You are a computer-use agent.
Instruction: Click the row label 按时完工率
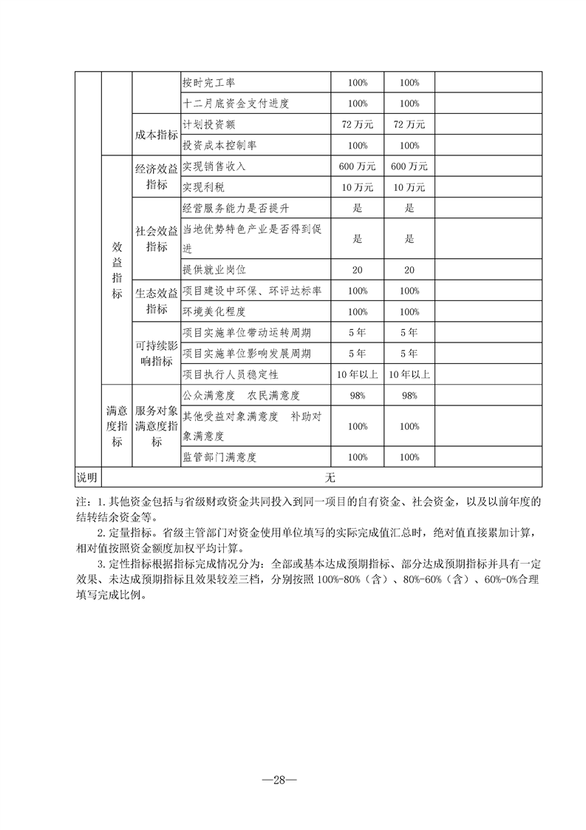coord(208,82)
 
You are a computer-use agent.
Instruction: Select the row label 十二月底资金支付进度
coord(236,104)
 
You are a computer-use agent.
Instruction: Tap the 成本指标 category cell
coord(156,135)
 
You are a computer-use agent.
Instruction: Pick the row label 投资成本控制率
coord(219,146)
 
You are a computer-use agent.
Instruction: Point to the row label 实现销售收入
coord(214,166)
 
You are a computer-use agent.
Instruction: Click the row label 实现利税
coord(203,187)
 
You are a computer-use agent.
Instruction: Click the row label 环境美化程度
coord(214,312)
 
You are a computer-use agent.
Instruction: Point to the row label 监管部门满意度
coord(219,457)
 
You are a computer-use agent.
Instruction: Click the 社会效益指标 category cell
coord(156,239)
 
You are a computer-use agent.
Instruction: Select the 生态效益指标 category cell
coord(156,301)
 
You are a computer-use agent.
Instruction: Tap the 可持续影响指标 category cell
coord(156,354)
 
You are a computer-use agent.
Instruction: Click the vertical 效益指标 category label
coord(117,270)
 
